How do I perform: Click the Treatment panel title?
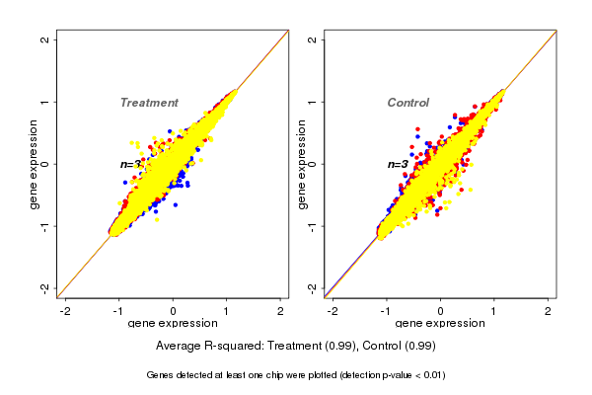click(149, 103)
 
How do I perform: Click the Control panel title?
click(407, 103)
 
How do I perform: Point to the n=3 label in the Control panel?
click(397, 164)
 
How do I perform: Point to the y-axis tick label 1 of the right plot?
click(313, 102)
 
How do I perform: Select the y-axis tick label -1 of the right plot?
click(313, 225)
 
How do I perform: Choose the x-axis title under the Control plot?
click(440, 325)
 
